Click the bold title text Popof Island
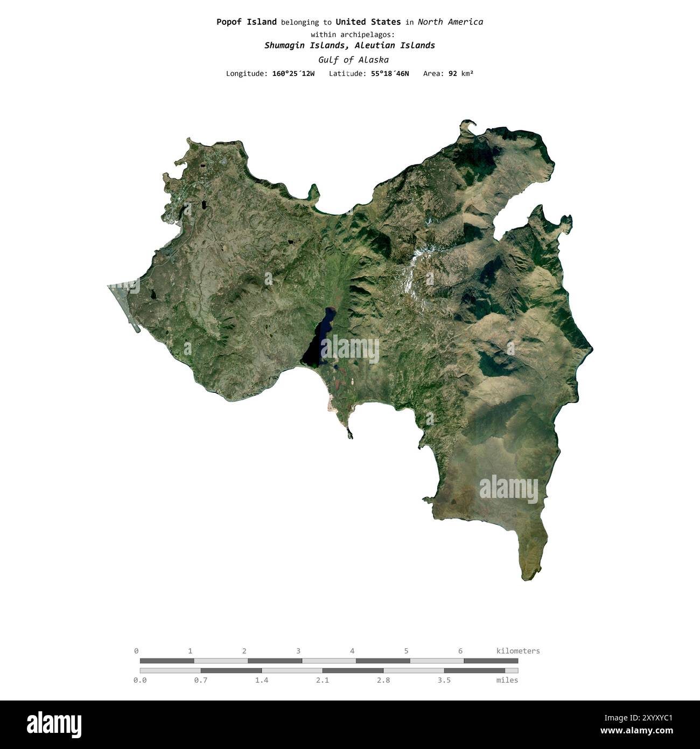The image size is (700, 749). coord(246,22)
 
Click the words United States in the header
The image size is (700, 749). coord(368,22)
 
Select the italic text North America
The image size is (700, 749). coord(450,22)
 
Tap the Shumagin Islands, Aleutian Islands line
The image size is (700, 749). coord(349,45)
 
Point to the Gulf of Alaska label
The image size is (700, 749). coord(353,60)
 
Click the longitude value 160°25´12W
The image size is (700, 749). coord(293,73)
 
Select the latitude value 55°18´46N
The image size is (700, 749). coord(390,73)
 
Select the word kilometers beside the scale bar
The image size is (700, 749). coord(517,651)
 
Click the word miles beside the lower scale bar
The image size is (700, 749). coord(507,680)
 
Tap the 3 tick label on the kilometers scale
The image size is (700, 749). coord(298,651)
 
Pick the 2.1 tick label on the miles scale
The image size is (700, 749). coord(323,680)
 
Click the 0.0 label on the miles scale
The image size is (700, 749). coord(140,680)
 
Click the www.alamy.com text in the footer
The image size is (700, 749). coord(636,731)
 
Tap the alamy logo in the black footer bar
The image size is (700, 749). coord(54,724)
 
